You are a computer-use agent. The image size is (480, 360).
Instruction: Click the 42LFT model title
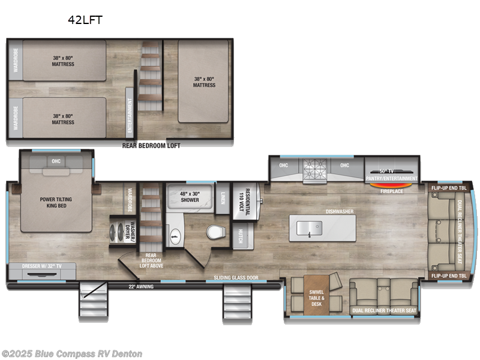(85, 20)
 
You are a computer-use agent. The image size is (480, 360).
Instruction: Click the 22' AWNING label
(141, 287)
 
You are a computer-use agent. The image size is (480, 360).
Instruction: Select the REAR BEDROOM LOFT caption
(151, 145)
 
